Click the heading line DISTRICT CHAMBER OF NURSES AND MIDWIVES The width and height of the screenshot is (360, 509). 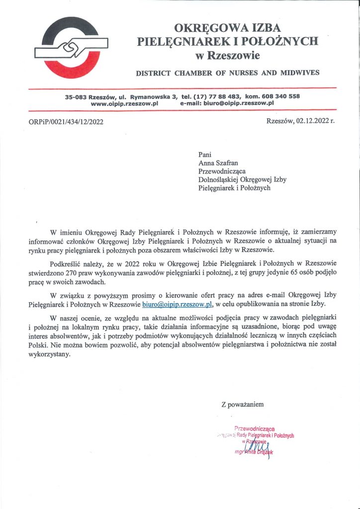[228, 73]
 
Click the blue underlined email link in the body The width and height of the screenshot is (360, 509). [178, 303]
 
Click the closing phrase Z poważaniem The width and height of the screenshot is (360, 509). [242, 404]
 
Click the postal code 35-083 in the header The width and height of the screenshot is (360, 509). [76, 96]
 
